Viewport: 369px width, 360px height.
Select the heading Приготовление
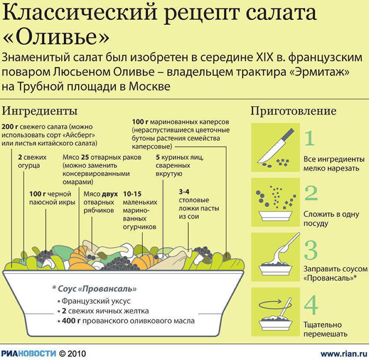click(x=293, y=111)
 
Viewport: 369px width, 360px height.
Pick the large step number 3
click(x=311, y=250)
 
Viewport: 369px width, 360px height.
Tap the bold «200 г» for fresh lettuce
click(x=10, y=127)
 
